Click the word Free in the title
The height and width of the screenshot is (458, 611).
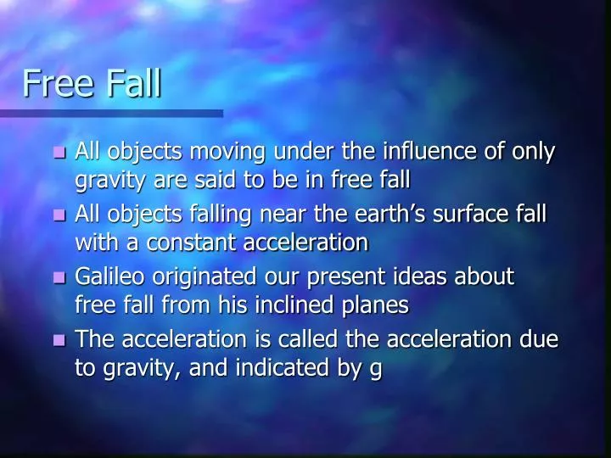58,83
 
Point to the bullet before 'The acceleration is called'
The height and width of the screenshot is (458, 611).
59,341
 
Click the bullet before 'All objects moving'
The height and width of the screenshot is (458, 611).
59,154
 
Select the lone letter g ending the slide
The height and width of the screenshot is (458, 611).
376,370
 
